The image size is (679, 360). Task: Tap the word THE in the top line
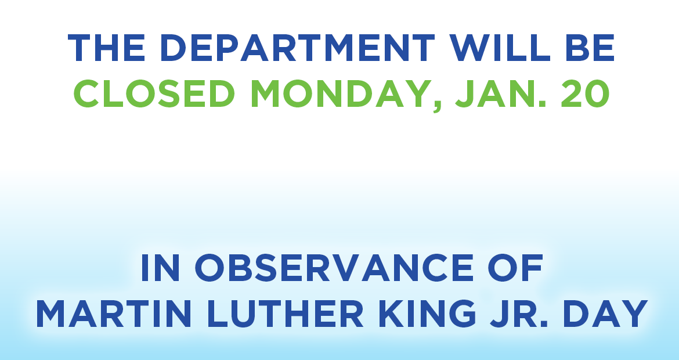(x=106, y=48)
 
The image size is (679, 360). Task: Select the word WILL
(x=500, y=48)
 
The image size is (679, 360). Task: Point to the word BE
(x=590, y=48)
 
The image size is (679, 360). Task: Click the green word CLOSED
(x=154, y=93)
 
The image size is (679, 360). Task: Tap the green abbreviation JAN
(x=500, y=93)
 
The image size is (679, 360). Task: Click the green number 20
(x=586, y=93)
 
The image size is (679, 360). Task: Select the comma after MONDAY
(x=437, y=107)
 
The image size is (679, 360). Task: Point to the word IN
(x=160, y=267)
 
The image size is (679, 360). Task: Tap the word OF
(x=515, y=267)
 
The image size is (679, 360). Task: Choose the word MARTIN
(x=113, y=313)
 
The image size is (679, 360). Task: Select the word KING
(x=427, y=313)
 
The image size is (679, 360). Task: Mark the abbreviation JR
(x=519, y=313)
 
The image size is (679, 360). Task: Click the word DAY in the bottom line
(x=606, y=313)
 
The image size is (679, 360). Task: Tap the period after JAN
(x=542, y=104)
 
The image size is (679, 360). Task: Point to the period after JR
(x=544, y=323)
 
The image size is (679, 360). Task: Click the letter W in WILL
(x=469, y=48)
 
